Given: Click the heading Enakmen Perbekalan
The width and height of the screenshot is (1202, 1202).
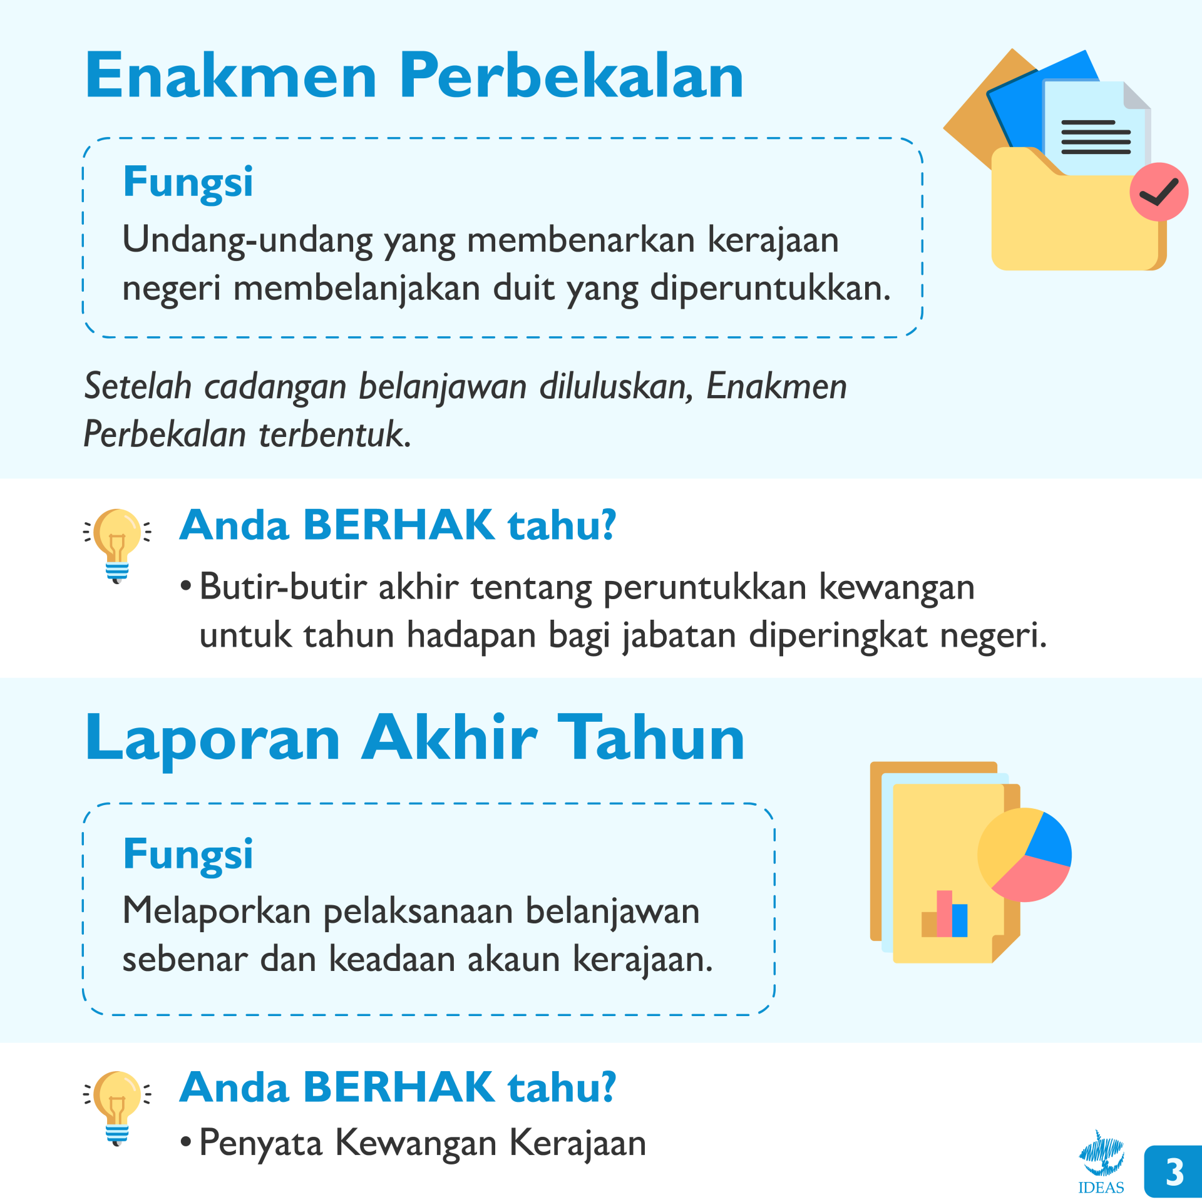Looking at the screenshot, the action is click(x=414, y=76).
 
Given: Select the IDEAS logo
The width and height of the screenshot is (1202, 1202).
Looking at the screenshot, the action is click(x=1101, y=1162).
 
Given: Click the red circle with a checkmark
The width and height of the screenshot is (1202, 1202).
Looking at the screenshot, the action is click(x=1159, y=192).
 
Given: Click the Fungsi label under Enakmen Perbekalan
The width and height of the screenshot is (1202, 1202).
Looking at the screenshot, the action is click(x=188, y=183).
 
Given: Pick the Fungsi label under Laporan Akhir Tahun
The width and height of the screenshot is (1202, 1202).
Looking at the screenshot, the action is click(x=188, y=855).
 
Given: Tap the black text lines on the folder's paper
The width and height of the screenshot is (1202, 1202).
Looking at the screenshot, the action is click(x=1096, y=137).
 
